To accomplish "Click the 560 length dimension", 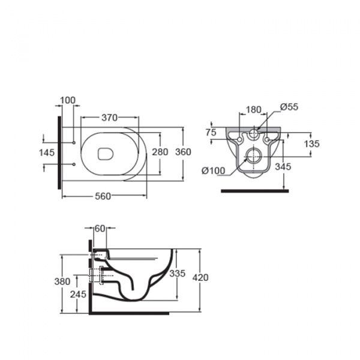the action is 103,196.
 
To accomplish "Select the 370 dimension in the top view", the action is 110,118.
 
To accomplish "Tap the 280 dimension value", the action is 160,152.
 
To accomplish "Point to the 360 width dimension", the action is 183,152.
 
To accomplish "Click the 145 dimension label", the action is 47,152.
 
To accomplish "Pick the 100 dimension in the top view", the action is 67,100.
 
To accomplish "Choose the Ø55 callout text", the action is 289,107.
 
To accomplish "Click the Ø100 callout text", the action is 213,171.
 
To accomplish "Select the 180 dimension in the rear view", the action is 254,110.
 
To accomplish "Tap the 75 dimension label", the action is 211,133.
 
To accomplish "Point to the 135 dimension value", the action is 312,144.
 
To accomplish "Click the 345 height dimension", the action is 283,167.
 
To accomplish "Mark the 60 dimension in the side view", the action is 100,229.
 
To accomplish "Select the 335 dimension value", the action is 177,274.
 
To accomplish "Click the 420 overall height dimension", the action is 200,278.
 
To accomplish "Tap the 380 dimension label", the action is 62,281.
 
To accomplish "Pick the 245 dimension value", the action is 78,295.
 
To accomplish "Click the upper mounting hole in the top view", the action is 74,143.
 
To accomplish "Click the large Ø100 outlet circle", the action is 253,156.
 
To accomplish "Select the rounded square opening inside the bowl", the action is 106,154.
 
